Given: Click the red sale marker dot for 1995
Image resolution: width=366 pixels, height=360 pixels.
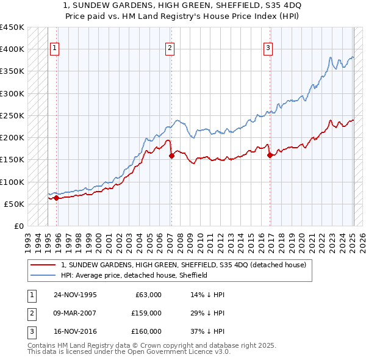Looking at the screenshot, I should (56, 198).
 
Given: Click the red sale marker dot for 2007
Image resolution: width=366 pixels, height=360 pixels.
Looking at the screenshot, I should (171, 156).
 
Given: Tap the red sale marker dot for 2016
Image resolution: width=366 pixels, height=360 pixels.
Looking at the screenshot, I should (270, 155).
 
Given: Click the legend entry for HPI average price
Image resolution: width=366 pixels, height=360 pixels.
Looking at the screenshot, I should (134, 275).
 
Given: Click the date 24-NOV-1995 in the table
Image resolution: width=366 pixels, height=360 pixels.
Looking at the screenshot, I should (75, 295).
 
